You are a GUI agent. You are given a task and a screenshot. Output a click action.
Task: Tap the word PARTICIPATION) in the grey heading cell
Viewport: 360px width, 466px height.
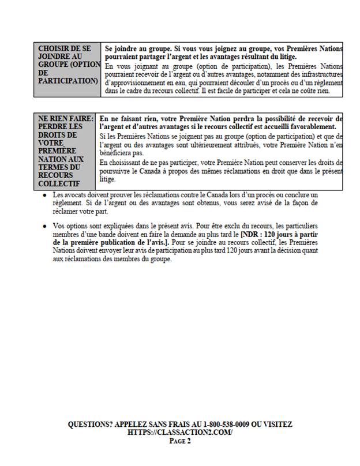pyautogui.click(x=67, y=81)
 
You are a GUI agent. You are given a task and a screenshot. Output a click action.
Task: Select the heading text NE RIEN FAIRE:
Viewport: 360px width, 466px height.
pyautogui.click(x=65, y=118)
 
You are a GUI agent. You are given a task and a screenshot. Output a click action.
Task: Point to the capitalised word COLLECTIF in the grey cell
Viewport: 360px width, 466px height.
pyautogui.click(x=60, y=183)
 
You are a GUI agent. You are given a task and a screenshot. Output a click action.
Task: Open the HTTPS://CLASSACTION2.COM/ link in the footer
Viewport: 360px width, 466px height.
pyautogui.click(x=180, y=433)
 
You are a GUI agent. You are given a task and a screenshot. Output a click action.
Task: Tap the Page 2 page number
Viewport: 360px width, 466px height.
pyautogui.click(x=180, y=441)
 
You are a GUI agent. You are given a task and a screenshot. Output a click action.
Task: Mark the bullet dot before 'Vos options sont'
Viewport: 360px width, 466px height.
pyautogui.click(x=45, y=226)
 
